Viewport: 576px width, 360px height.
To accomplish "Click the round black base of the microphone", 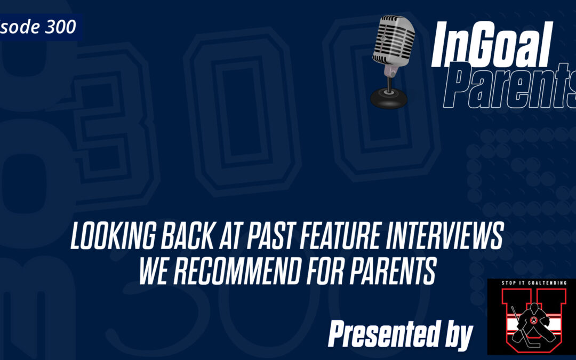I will pyautogui.click(x=389, y=97).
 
